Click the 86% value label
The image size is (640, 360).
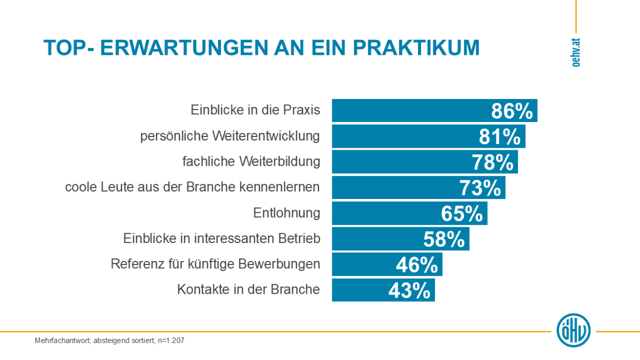tap(512, 111)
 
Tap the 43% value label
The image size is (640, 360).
tap(409, 290)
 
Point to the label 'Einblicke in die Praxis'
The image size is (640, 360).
tap(255, 110)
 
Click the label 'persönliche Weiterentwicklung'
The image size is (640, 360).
tap(230, 136)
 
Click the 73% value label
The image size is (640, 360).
tap(480, 188)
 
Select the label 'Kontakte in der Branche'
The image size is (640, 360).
tap(249, 290)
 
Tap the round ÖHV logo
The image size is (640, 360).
tap(573, 330)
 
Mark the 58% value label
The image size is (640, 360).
tap(444, 239)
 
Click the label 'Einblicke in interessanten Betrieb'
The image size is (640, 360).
tap(222, 238)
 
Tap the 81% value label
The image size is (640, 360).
tap(500, 136)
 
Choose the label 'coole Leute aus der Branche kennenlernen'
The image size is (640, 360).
tap(192, 187)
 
